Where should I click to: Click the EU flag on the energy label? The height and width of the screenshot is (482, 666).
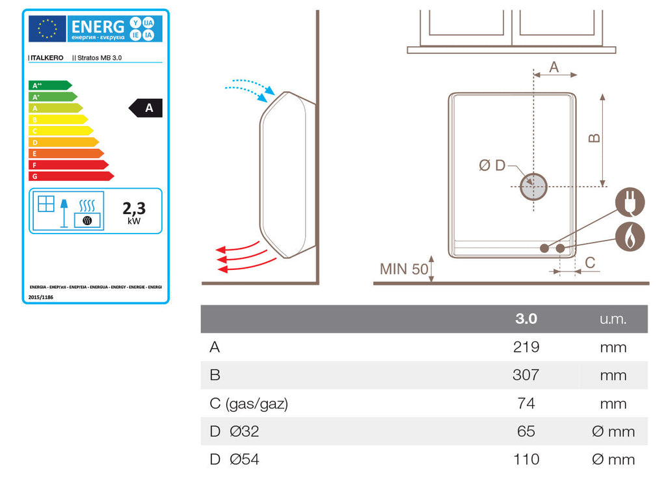click(47, 28)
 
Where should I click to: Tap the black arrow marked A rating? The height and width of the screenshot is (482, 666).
click(147, 108)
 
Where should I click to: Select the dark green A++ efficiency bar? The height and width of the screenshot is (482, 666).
click(49, 85)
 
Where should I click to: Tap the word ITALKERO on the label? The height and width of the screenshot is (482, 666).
click(46, 58)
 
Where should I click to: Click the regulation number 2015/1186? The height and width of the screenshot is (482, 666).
click(41, 297)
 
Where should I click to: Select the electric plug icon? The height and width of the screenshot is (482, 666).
click(630, 203)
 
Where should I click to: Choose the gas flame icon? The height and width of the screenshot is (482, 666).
click(630, 236)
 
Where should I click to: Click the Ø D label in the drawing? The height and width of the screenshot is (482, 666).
click(492, 165)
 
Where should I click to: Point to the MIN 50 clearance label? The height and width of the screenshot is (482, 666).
click(404, 269)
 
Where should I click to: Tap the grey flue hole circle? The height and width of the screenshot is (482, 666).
click(533, 187)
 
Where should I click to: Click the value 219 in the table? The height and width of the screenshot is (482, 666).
click(526, 347)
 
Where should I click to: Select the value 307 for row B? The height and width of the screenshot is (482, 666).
click(526, 375)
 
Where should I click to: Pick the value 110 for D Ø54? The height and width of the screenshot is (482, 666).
click(526, 460)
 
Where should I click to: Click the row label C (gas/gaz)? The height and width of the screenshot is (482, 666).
click(248, 404)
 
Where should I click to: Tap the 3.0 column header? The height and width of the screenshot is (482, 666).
click(526, 319)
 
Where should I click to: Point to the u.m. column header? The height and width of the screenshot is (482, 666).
click(613, 319)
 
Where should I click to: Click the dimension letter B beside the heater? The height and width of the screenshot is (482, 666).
click(593, 138)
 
